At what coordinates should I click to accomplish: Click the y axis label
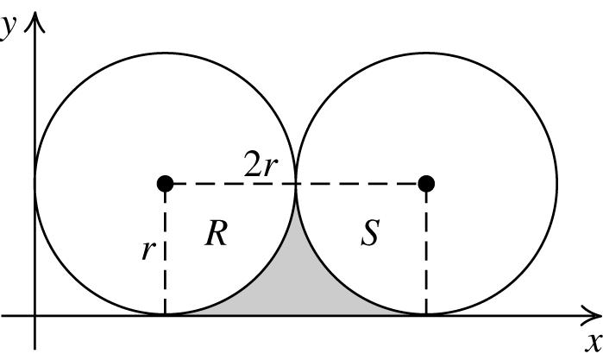point(9,26)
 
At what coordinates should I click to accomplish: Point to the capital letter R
point(216,233)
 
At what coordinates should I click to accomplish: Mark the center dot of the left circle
point(165,183)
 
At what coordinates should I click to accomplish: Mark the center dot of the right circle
point(425,183)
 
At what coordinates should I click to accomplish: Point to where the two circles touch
point(296,183)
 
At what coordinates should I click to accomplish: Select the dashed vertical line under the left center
point(165,276)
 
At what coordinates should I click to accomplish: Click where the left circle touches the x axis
point(165,315)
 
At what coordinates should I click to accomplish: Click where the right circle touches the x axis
point(425,315)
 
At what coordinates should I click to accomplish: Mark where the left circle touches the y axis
point(35,183)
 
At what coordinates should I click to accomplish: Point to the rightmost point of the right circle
point(556,183)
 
